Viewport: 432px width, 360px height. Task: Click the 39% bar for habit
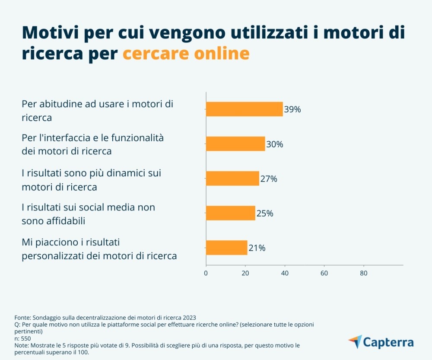244,109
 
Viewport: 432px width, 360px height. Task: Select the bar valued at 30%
235,144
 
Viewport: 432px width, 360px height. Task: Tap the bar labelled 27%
232,178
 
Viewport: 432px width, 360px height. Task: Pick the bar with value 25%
230,213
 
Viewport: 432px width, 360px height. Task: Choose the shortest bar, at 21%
226,248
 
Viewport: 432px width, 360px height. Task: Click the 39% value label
292,109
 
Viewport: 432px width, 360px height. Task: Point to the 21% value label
257,248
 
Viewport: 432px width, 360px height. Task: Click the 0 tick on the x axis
206,273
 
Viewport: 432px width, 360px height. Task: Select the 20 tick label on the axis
245,273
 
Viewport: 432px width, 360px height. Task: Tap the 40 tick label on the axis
285,273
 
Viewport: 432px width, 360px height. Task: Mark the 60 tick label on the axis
324,273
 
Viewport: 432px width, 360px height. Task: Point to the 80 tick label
364,273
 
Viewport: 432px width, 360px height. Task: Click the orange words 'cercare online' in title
186,54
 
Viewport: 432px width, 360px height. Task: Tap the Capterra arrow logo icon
355,341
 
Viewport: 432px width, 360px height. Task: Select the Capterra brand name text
388,342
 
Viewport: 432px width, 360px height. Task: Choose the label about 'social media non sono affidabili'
88,214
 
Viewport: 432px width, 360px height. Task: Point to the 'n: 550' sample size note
23,339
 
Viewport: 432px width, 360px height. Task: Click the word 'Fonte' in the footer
23,317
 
